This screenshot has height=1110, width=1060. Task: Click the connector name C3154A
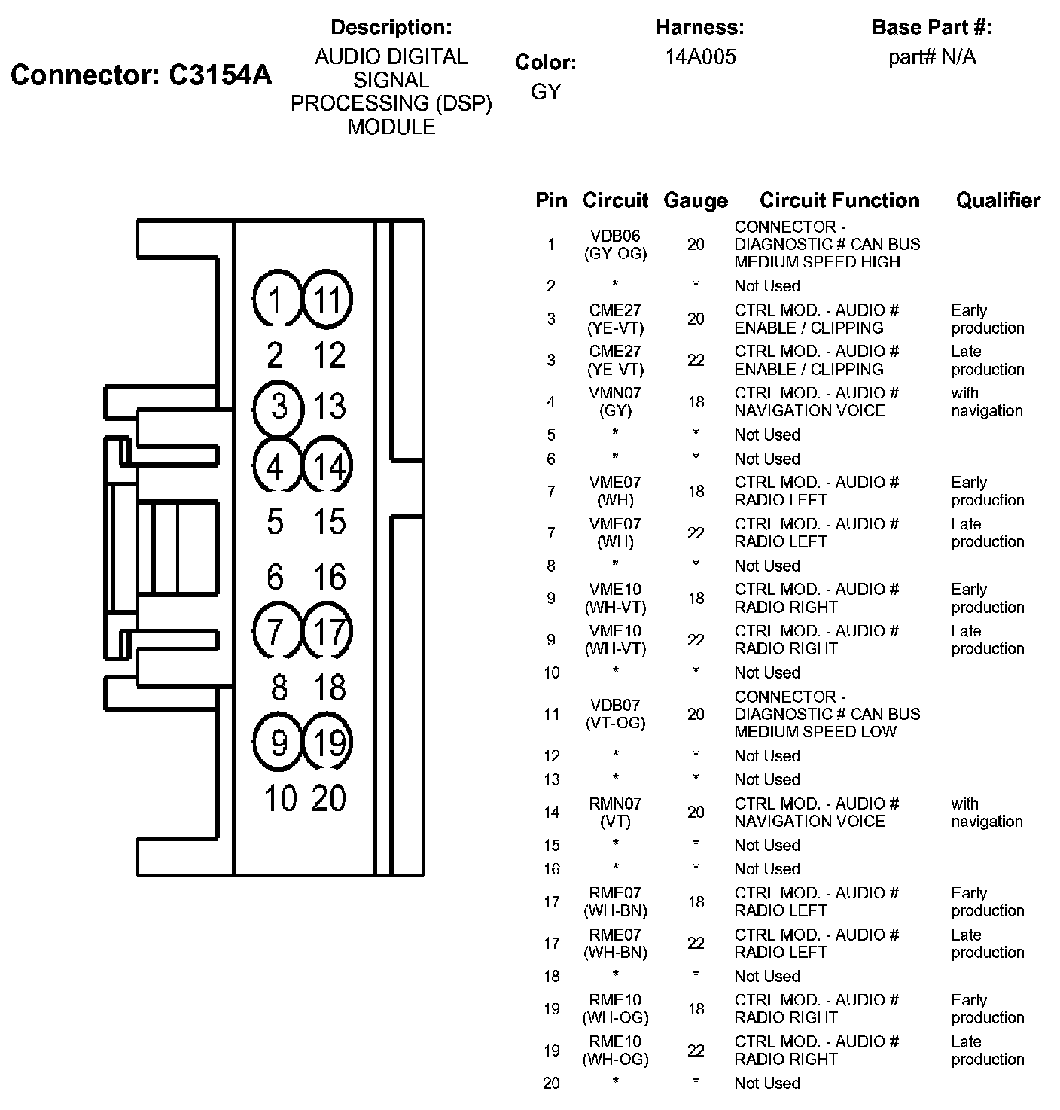[x=142, y=75]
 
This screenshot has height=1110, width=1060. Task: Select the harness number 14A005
[x=700, y=57]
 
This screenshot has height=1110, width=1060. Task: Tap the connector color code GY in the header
[x=546, y=91]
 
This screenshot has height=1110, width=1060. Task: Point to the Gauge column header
[x=696, y=200]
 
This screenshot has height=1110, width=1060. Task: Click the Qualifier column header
[x=998, y=200]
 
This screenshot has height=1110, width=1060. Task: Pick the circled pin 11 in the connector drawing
[x=327, y=299]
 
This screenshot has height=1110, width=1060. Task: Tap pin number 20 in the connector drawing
[x=329, y=798]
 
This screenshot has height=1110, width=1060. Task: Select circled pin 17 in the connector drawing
[x=327, y=630]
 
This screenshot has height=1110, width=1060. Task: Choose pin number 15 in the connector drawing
[x=329, y=521]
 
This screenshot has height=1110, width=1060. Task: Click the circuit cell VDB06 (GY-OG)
[x=615, y=245]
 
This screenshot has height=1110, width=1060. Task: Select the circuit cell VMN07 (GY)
[x=615, y=402]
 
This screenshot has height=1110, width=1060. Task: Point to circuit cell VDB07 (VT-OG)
[x=615, y=714]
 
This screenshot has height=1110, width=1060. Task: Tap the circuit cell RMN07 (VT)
[x=615, y=813]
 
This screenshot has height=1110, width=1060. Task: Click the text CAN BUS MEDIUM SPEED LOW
[x=827, y=723]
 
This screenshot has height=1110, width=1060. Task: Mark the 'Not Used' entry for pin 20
[x=766, y=1084]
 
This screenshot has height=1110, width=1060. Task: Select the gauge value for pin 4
[x=696, y=402]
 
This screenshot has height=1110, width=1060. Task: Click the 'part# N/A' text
[x=932, y=57]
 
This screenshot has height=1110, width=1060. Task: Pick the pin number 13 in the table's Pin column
[x=552, y=780]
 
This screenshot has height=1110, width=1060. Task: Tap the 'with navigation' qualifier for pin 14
[x=986, y=813]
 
